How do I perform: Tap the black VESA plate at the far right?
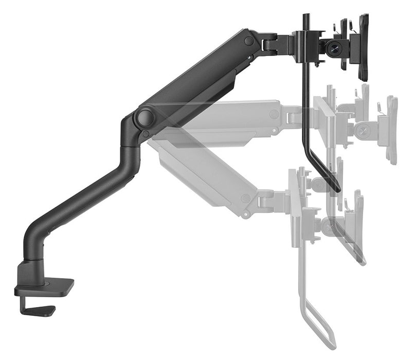[x=364, y=47]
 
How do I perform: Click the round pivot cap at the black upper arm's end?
[x=249, y=40]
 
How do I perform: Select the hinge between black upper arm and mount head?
[x=272, y=43]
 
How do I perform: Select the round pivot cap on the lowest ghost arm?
[x=246, y=199]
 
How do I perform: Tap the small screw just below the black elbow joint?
[x=147, y=135]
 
